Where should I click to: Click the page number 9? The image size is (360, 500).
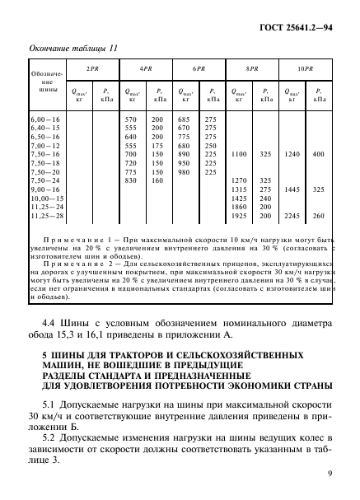(329, 474)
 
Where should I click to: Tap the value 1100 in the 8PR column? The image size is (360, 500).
(240, 154)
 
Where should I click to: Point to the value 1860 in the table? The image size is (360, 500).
(240, 206)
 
